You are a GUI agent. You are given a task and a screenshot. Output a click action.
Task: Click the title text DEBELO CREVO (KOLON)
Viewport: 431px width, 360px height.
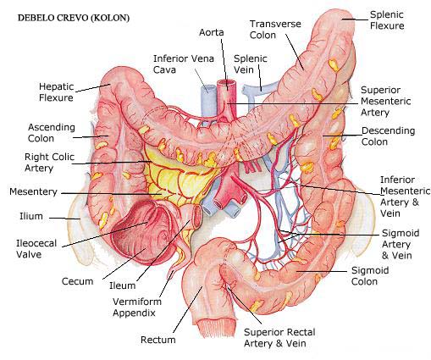[74, 18]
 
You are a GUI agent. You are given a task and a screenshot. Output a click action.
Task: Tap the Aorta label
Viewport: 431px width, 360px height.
[212, 32]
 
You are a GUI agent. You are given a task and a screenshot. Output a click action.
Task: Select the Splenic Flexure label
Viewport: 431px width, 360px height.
[387, 20]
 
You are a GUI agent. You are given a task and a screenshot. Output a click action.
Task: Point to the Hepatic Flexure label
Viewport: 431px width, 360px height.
[56, 92]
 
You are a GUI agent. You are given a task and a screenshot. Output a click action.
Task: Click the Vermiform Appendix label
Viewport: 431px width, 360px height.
[137, 307]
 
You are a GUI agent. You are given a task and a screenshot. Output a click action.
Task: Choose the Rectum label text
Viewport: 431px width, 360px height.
[158, 340]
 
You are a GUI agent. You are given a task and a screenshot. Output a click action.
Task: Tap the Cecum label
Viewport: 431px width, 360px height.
[77, 281]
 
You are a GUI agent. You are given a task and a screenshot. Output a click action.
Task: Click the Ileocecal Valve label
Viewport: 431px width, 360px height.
[36, 249]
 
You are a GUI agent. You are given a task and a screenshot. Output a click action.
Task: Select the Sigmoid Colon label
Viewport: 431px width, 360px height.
[370, 276]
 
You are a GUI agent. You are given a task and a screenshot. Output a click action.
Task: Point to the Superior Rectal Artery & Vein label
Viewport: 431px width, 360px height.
[279, 338]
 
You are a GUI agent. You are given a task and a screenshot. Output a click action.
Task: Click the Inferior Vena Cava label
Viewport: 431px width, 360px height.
[184, 64]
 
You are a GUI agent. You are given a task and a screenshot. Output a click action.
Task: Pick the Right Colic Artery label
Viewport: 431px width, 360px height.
[49, 163]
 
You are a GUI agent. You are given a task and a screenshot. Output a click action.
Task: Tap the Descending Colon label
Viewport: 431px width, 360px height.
[388, 136]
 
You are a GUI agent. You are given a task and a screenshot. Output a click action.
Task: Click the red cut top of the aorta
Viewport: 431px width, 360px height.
[226, 82]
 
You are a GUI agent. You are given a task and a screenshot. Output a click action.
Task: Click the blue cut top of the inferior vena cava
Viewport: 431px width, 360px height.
[208, 86]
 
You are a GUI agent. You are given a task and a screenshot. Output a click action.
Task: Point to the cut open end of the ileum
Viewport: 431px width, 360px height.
[196, 215]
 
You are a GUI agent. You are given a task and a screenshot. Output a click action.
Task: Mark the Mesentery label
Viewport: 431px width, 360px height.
[33, 191]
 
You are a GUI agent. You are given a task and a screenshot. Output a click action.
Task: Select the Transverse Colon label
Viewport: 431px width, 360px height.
[275, 30]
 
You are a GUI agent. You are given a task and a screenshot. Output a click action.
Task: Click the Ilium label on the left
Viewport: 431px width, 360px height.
[31, 216]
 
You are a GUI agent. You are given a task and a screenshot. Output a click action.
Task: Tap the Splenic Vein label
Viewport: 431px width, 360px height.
[251, 64]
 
